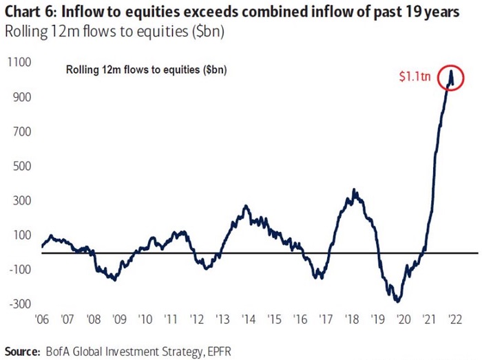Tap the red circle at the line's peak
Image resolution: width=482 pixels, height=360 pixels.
[451, 77]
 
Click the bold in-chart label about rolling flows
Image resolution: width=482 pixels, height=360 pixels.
[146, 70]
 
